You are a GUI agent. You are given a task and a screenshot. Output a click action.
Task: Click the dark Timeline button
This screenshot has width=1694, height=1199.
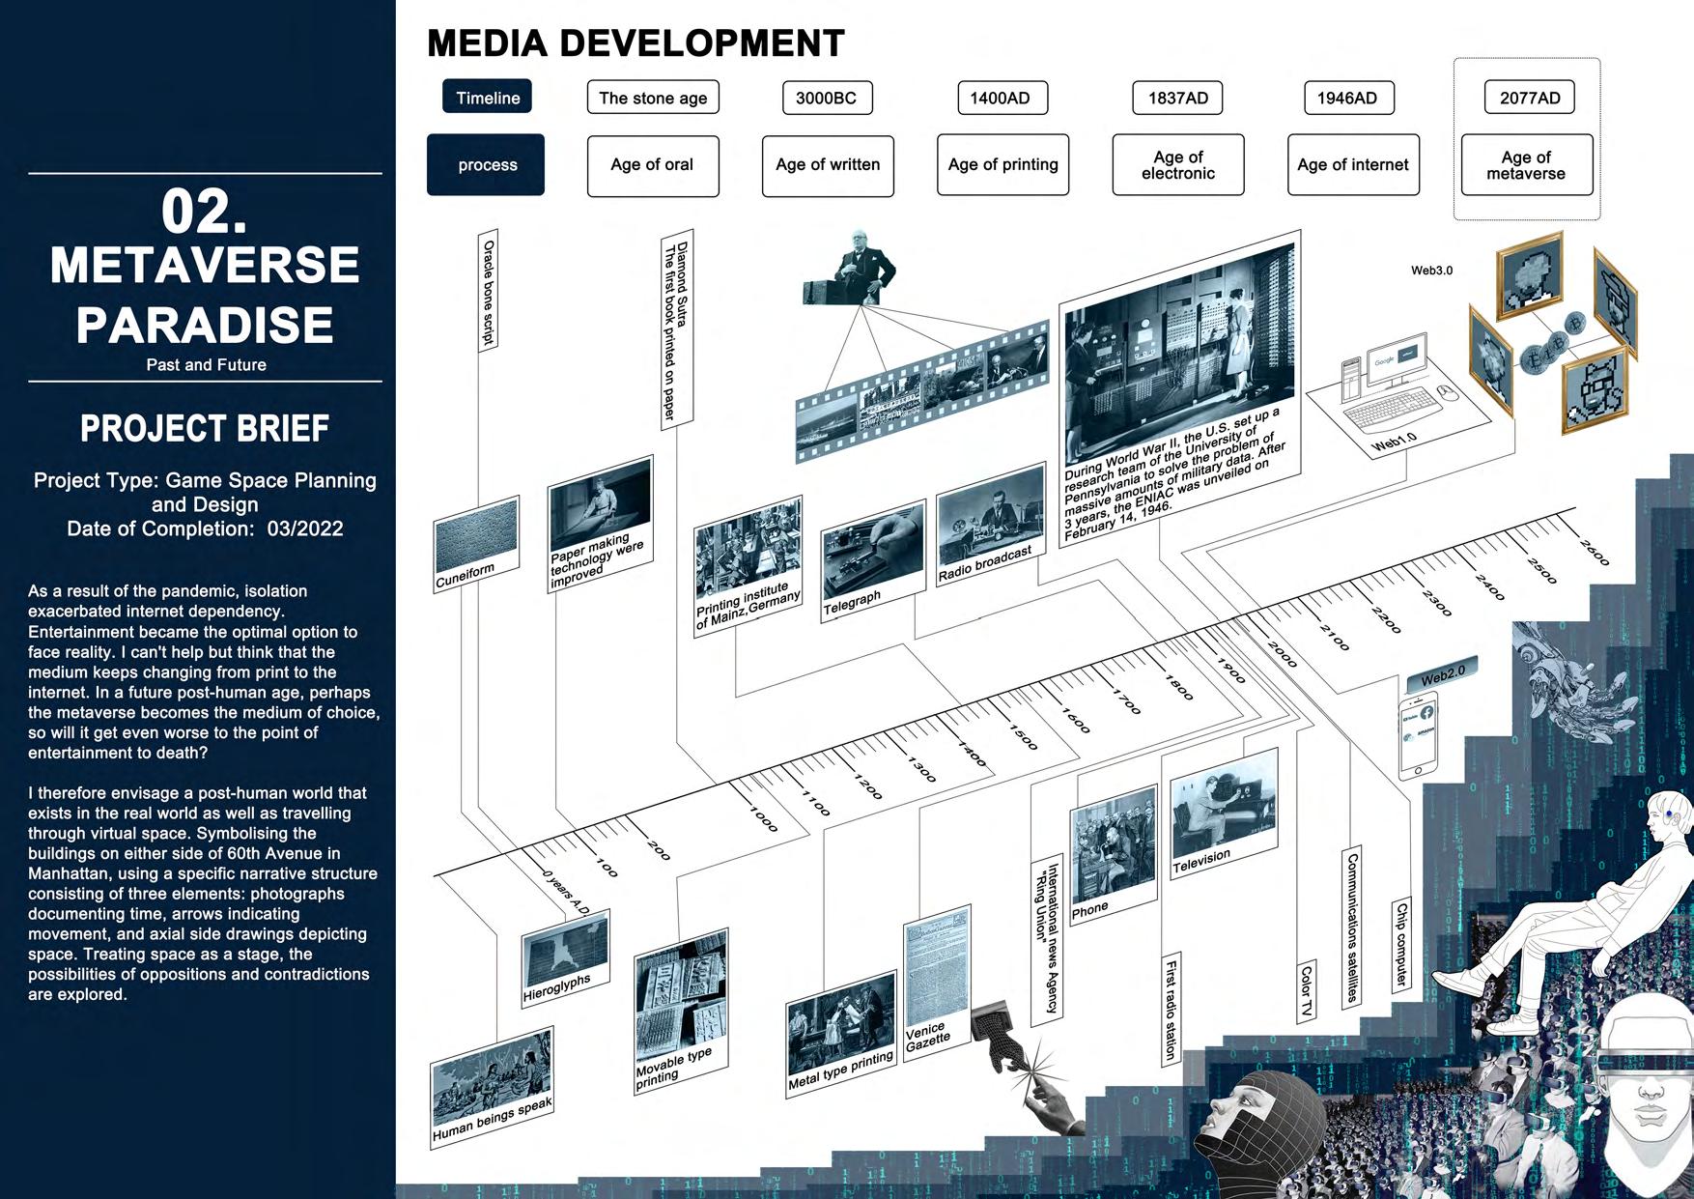pyautogui.click(x=487, y=98)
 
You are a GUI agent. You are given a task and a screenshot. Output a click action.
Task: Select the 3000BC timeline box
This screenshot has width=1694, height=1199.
pyautogui.click(x=826, y=98)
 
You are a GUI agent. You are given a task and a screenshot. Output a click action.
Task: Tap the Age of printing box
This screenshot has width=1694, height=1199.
pyautogui.click(x=1002, y=165)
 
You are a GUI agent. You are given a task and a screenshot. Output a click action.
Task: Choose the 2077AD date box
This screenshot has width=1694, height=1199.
pyautogui.click(x=1530, y=98)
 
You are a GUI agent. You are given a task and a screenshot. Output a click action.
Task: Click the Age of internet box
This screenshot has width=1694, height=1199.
pyautogui.click(x=1352, y=165)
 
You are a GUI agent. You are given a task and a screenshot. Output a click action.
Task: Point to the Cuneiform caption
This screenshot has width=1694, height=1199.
pyautogui.click(x=466, y=576)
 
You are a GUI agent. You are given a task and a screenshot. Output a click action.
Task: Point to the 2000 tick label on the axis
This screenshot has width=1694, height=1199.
pyautogui.click(x=1283, y=654)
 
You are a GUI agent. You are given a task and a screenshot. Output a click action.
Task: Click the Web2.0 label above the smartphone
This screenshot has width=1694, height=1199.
pyautogui.click(x=1443, y=673)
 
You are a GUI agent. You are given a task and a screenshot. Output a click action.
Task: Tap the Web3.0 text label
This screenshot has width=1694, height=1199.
pyautogui.click(x=1431, y=271)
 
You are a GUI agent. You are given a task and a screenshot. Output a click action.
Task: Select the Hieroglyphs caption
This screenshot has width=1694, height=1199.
pyautogui.click(x=556, y=988)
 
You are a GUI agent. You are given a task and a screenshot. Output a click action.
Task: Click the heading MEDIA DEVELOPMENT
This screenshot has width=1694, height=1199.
pyautogui.click(x=635, y=43)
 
